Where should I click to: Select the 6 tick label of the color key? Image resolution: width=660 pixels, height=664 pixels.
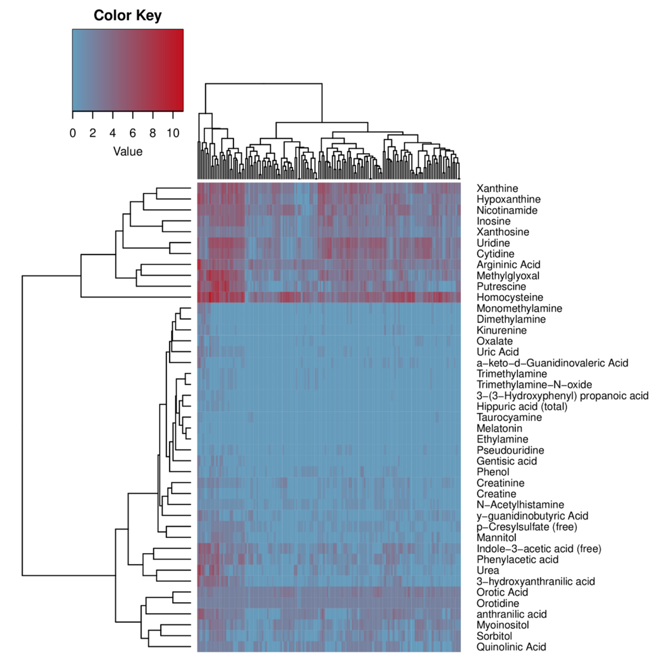pos(133,133)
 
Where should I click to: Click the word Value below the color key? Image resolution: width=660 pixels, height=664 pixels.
pos(128,152)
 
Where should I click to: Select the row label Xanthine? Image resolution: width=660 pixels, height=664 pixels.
pos(497,188)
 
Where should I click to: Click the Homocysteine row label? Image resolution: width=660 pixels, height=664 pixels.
pos(510,297)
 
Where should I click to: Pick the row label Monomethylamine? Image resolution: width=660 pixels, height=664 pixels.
pos(519,308)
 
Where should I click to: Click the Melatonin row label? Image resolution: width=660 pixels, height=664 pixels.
pos(499,428)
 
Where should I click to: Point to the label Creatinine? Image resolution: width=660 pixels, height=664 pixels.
pos(500,483)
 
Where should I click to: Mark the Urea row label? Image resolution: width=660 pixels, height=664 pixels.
pos(488,570)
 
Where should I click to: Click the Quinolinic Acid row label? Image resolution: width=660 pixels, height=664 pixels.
pos(511,647)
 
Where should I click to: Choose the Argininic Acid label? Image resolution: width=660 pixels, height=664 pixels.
pos(508,265)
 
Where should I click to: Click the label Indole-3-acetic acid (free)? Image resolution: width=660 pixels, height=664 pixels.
pos(539,548)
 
